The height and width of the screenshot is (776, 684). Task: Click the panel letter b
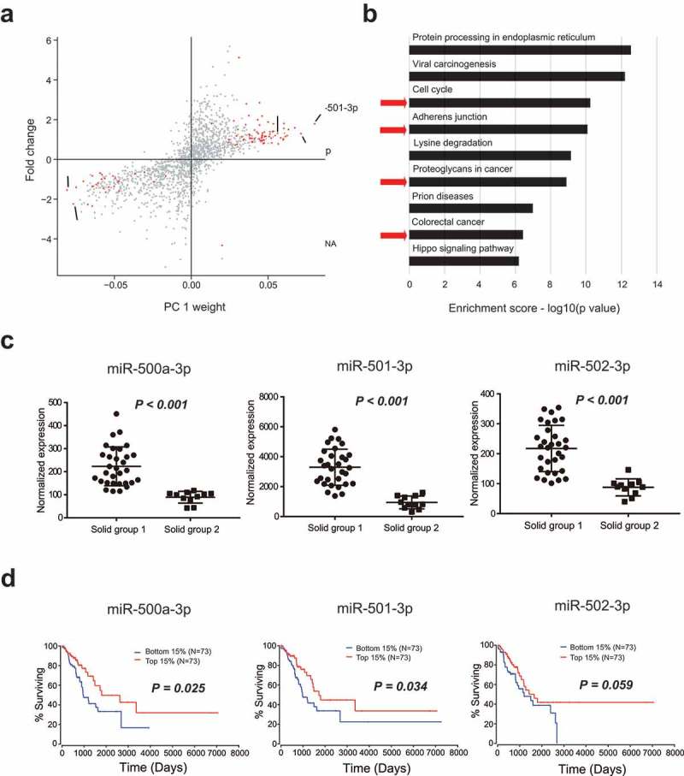point(394,12)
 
